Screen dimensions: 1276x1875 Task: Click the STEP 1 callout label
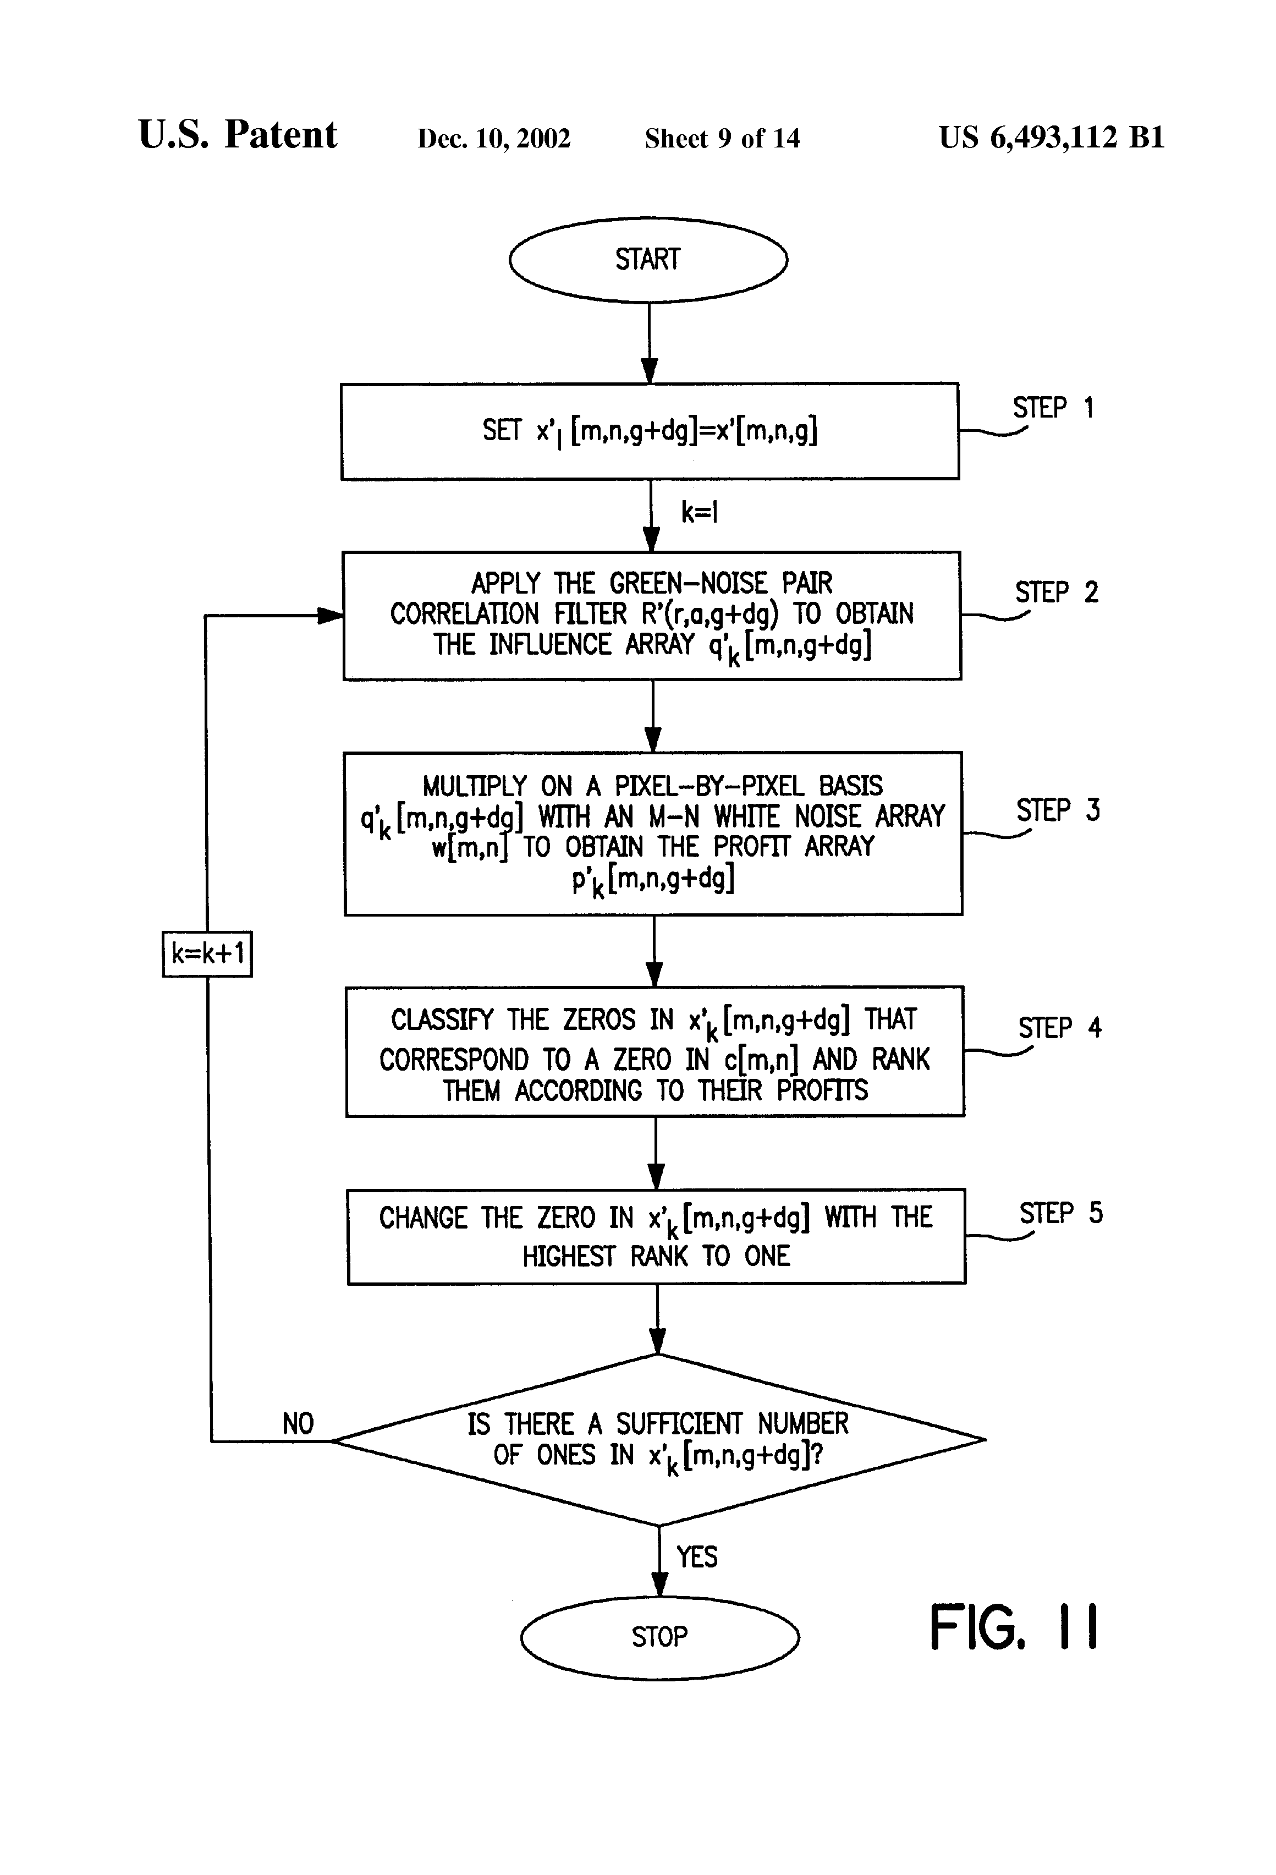point(1053,408)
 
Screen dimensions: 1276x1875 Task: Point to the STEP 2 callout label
point(1057,592)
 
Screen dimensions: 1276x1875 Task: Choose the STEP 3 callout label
point(1058,810)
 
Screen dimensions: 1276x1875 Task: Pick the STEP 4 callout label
point(1060,1028)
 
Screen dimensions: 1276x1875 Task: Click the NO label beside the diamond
point(298,1424)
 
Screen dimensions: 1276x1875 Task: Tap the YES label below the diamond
point(697,1556)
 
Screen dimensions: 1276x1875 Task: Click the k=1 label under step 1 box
point(699,512)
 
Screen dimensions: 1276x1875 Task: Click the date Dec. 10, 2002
point(493,139)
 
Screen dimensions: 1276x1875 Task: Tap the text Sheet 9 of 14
point(722,139)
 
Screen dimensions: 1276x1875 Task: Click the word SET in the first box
point(502,430)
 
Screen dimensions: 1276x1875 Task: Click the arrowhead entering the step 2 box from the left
point(331,616)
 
